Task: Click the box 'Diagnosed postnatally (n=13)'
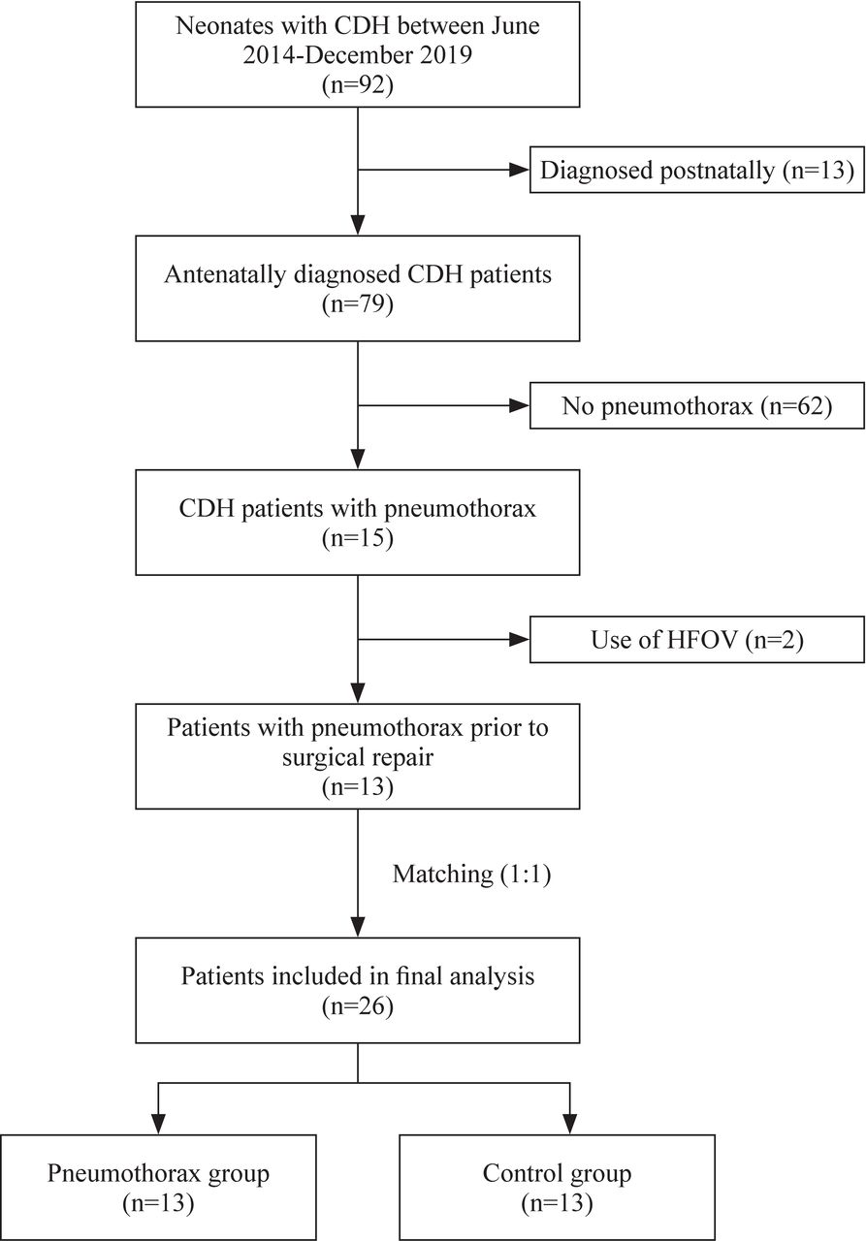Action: tap(696, 172)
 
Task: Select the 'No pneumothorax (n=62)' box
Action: tap(696, 406)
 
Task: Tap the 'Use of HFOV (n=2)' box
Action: tap(696, 641)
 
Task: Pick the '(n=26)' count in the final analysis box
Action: tap(359, 1006)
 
